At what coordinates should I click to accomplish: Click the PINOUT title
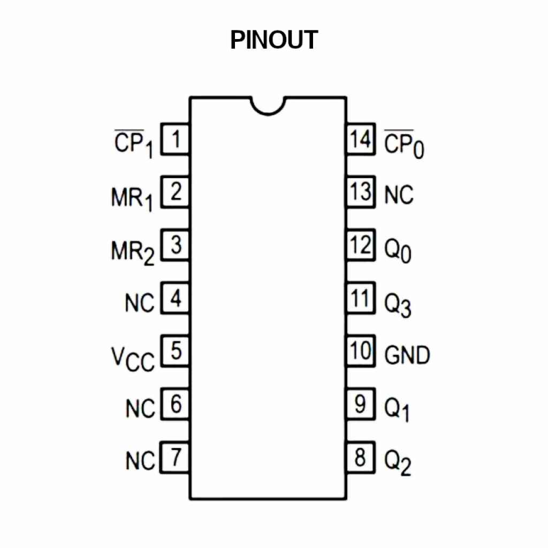tap(274, 40)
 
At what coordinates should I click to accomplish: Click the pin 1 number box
tap(175, 141)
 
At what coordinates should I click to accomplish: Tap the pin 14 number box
tap(360, 140)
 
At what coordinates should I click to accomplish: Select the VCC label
tap(133, 357)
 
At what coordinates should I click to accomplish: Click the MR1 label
tap(132, 199)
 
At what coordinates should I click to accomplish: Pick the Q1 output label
tap(397, 409)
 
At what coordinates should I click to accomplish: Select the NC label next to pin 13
tap(399, 195)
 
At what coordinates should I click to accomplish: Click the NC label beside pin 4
tap(140, 303)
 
